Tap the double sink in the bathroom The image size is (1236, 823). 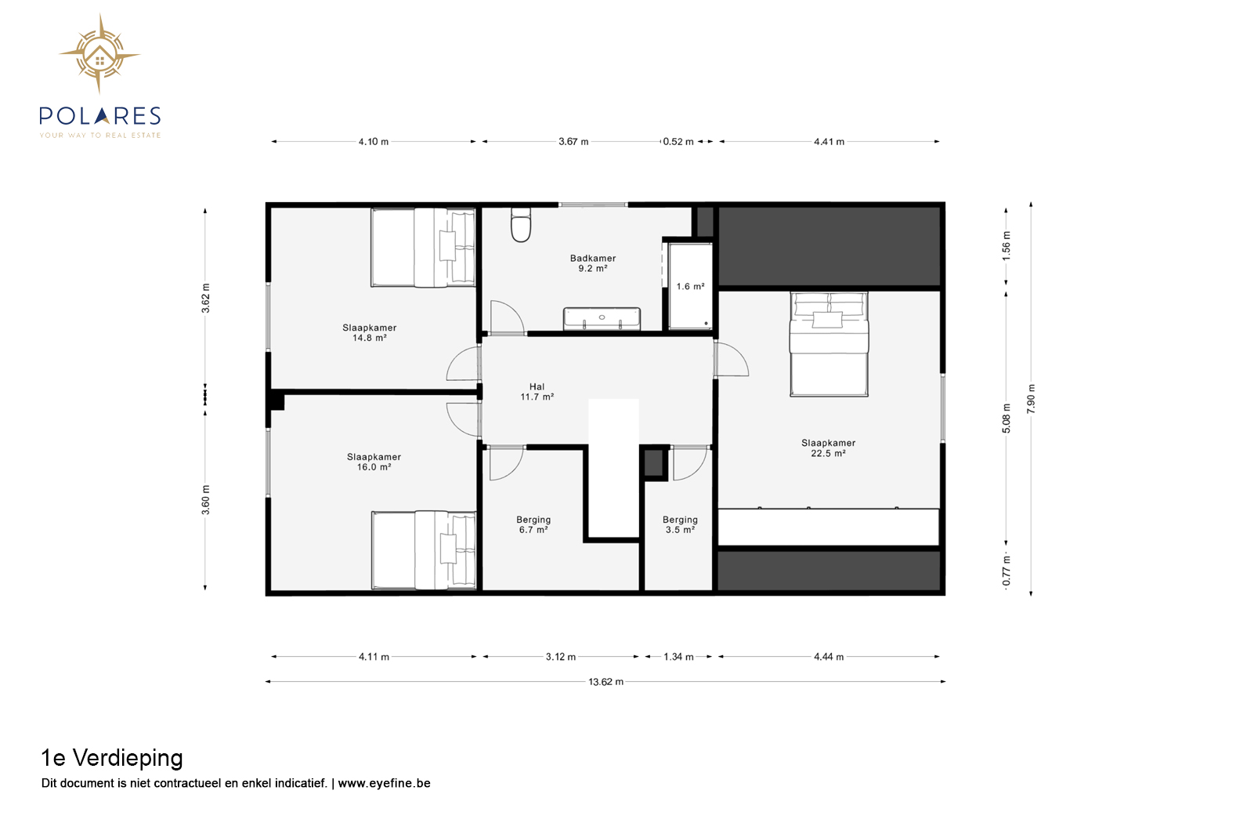click(602, 319)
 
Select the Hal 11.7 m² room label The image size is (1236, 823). click(537, 392)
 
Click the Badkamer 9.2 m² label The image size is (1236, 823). click(593, 263)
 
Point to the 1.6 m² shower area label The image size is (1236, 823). click(690, 286)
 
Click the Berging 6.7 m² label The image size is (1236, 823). click(533, 524)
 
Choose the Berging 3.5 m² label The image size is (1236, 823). click(680, 524)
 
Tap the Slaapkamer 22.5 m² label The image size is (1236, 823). click(828, 448)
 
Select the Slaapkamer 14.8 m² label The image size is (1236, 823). click(369, 332)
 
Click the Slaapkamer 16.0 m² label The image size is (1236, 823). click(374, 462)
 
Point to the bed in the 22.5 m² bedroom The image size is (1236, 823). click(829, 344)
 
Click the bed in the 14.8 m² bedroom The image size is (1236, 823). click(423, 248)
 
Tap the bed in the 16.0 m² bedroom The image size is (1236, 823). click(424, 550)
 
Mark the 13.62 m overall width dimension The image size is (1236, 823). click(605, 682)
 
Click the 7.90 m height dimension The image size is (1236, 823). click(1031, 399)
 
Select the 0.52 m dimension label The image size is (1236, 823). click(678, 141)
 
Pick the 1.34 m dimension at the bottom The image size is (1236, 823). click(678, 657)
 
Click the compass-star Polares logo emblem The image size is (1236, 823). click(99, 54)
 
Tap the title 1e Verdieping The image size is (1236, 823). click(112, 758)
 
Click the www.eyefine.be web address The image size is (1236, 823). click(384, 783)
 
